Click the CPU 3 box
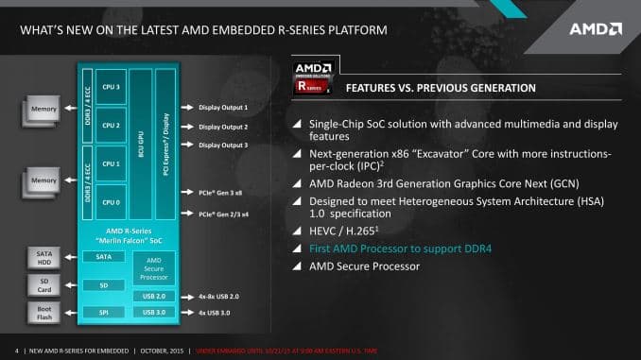[112, 87]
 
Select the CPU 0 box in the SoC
[112, 202]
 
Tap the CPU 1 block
[112, 163]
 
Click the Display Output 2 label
[223, 127]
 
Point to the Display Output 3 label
[223, 145]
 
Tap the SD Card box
[43, 284]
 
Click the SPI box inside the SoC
[103, 312]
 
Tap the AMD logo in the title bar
[595, 29]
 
